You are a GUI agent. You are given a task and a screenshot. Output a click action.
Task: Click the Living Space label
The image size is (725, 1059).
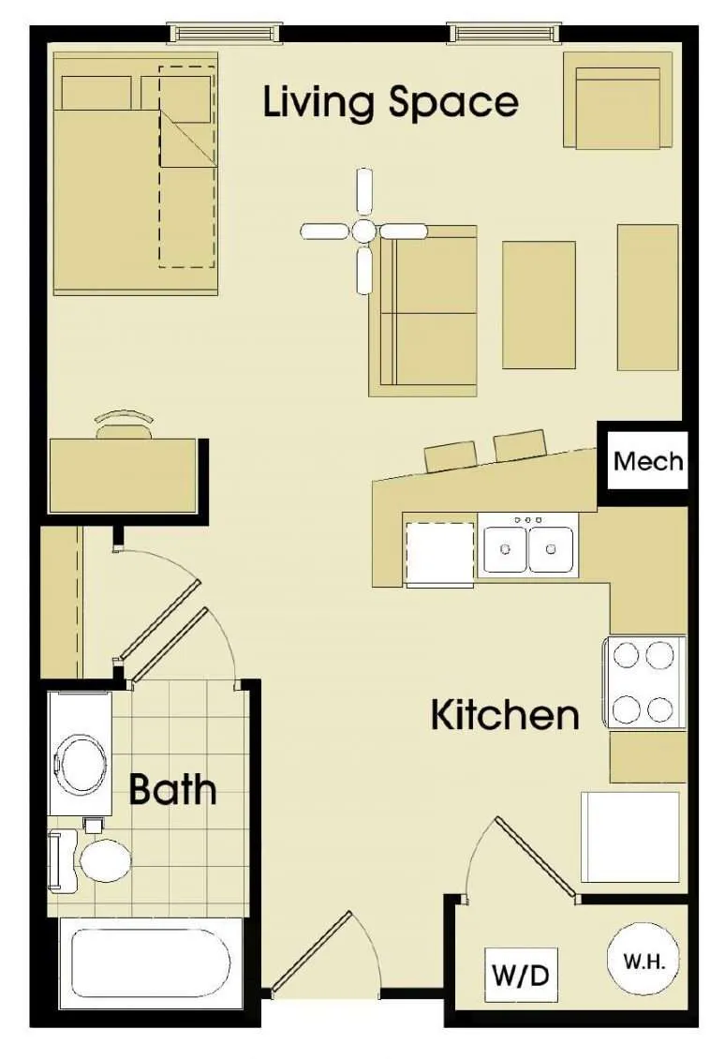(391, 102)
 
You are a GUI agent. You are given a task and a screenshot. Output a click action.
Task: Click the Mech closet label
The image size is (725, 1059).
(648, 461)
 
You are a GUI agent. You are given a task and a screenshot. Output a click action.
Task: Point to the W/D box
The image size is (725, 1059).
(521, 975)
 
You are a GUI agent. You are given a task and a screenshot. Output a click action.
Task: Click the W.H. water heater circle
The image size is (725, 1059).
(644, 961)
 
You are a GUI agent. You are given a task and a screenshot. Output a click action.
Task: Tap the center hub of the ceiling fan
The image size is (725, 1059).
(363, 231)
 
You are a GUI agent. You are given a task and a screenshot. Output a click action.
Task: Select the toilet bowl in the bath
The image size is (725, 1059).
(105, 860)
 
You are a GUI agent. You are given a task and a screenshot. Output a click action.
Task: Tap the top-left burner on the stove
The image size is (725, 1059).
(625, 654)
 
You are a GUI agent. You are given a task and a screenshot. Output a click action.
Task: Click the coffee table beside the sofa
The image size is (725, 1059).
(539, 305)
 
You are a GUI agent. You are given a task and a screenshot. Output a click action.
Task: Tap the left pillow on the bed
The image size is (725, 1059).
(96, 93)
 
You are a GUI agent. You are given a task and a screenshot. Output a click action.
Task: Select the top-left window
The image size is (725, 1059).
(223, 33)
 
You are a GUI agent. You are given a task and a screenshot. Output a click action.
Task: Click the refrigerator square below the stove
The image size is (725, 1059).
(630, 836)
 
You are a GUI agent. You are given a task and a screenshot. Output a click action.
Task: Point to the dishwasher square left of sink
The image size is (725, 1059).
(440, 551)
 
